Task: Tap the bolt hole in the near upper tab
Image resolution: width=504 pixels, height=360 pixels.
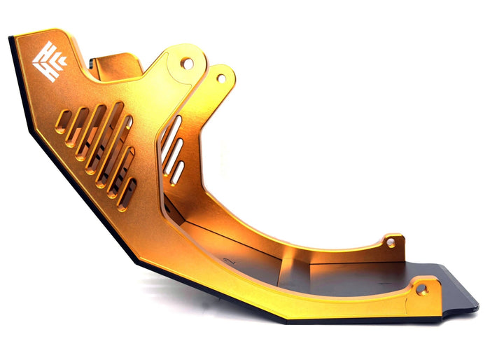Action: [x=187, y=63]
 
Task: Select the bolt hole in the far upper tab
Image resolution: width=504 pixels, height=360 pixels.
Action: [x=221, y=78]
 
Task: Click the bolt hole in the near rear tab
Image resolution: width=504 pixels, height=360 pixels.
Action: [x=421, y=288]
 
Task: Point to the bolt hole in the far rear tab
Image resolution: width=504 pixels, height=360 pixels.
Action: [x=391, y=242]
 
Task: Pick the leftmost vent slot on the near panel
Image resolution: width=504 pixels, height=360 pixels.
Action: [x=62, y=120]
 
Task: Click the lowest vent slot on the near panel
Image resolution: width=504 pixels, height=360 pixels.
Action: [x=127, y=194]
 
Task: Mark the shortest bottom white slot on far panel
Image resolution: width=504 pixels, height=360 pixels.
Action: [x=179, y=172]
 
